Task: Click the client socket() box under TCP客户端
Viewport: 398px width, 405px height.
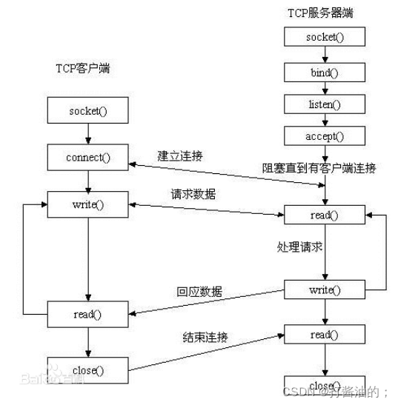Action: coord(88,112)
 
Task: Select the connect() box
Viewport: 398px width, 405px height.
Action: coord(88,158)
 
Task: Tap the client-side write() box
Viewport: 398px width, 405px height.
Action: coord(88,204)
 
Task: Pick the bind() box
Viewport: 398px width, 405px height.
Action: coord(323,72)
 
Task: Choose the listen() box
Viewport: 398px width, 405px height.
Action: coord(323,104)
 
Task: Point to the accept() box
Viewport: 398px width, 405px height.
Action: coord(323,137)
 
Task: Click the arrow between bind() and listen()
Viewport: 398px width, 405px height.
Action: coord(323,88)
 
